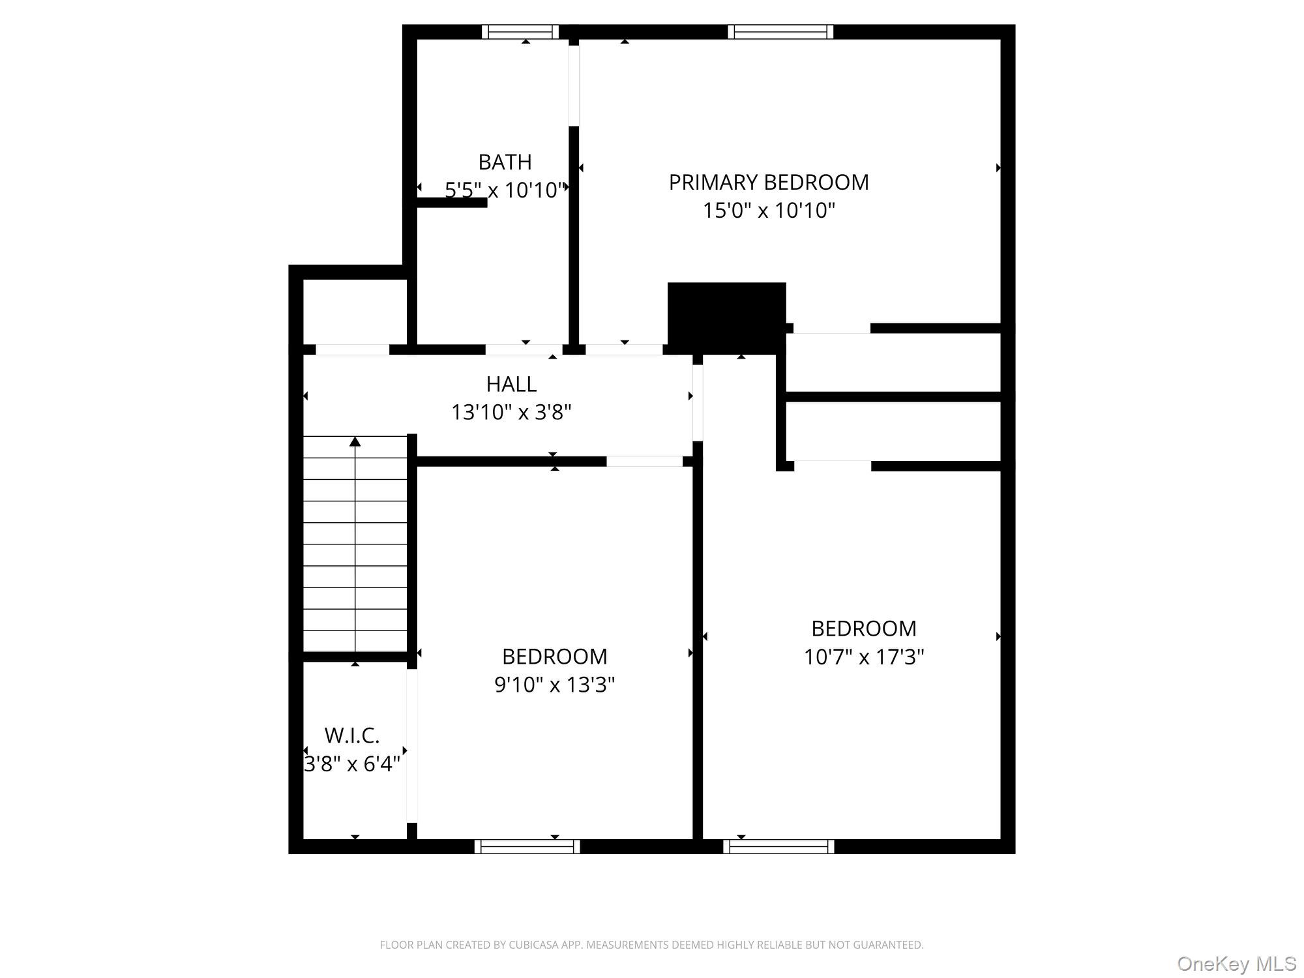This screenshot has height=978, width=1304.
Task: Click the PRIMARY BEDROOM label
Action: [769, 182]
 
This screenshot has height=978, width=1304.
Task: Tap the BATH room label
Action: [505, 162]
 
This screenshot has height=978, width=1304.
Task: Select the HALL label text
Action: [511, 384]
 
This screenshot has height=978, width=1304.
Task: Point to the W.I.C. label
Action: [352, 735]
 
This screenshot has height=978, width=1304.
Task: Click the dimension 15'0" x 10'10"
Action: [769, 211]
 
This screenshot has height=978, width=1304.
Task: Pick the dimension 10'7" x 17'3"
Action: [863, 657]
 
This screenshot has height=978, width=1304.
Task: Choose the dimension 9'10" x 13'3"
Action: [554, 685]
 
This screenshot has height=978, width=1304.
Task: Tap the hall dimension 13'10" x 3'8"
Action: [511, 412]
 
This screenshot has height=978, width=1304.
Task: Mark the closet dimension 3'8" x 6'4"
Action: [352, 763]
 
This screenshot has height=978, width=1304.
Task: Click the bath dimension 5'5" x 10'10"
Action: [505, 190]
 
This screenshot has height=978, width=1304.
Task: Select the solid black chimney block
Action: [726, 317]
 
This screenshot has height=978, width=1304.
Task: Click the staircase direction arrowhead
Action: [355, 442]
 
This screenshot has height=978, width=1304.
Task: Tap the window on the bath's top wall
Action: [520, 32]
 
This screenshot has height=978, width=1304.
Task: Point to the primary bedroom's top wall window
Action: [780, 32]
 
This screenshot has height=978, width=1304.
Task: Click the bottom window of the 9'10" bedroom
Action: [527, 846]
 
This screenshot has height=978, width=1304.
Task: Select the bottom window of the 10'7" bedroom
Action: [778, 846]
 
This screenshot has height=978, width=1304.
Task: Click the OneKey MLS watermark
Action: [1236, 964]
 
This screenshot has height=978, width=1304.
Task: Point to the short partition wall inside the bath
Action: [452, 203]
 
